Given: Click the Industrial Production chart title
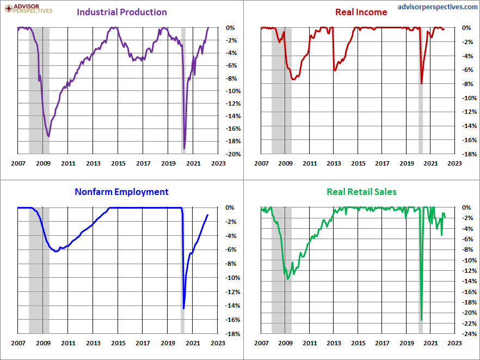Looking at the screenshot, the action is [x=122, y=12].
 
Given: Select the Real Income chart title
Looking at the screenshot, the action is [x=361, y=12].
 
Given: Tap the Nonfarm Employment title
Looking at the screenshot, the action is [x=121, y=192].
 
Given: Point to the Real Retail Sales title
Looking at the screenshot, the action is [x=361, y=192].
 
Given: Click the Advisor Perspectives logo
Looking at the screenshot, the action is [x=28, y=9].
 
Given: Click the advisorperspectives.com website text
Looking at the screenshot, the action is [x=438, y=7].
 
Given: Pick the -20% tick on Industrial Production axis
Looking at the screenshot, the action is [x=233, y=154].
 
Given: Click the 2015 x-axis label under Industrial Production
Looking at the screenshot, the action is [x=118, y=163].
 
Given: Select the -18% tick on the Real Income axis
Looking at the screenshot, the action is [x=469, y=154].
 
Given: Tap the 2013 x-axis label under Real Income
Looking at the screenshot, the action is [x=334, y=163].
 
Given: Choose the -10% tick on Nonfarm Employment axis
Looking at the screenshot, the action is [x=233, y=278].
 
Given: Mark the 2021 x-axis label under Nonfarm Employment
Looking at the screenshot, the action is [x=193, y=343].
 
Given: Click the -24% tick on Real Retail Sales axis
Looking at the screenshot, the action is [x=469, y=334].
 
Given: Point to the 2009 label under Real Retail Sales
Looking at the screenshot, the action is [x=285, y=343].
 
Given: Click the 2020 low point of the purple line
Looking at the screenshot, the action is [x=184, y=149].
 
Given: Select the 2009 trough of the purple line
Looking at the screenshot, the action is [x=48, y=136].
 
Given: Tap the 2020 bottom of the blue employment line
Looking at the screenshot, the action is [x=184, y=308].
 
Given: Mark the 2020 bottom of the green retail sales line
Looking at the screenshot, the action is [x=422, y=320].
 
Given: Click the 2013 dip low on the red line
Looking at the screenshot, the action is [x=335, y=70].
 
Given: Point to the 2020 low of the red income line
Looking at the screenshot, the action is [x=422, y=83].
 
